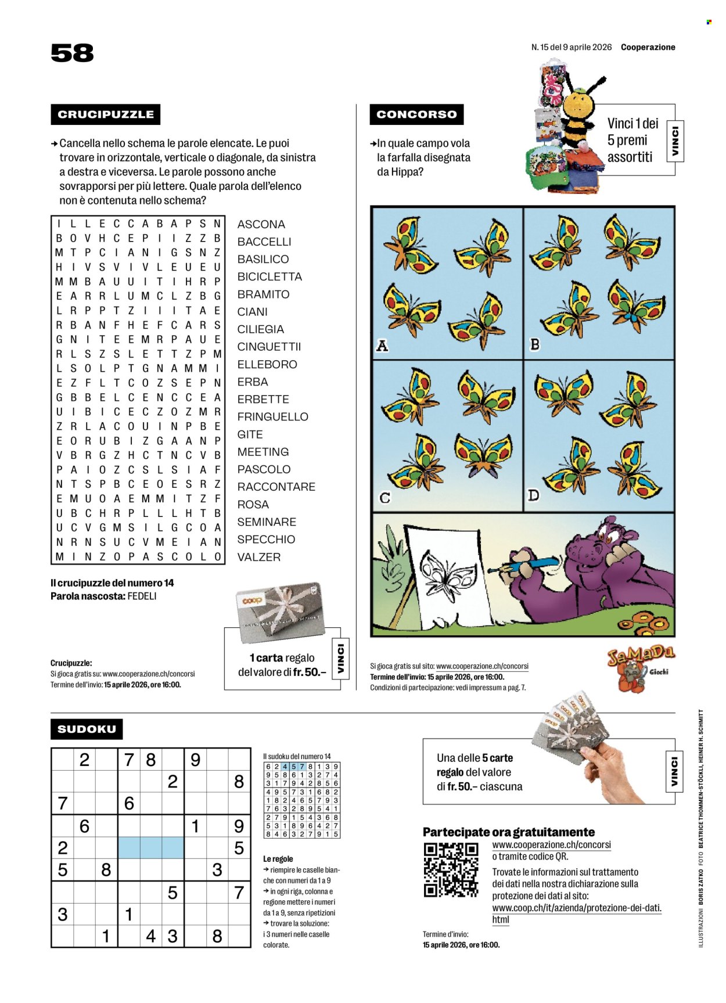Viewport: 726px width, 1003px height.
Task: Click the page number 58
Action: click(72, 53)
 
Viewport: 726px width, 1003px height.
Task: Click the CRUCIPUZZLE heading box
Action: click(105, 114)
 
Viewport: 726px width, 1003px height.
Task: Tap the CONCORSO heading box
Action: click(416, 114)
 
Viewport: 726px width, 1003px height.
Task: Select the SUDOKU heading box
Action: click(87, 729)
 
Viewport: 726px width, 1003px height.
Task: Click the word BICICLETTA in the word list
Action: click(269, 277)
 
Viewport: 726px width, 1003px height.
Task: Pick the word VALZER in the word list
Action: click(259, 557)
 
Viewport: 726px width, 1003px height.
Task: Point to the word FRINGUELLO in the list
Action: click(272, 417)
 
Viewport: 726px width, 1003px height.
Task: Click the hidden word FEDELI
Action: click(142, 596)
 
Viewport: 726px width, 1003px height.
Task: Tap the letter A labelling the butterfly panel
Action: click(382, 346)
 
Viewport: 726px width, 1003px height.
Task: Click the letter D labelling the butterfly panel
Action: click(533, 495)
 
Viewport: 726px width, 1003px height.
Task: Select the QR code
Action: click(451, 869)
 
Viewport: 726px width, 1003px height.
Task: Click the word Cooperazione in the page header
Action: click(648, 48)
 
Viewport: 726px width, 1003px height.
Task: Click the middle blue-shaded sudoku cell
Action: click(150, 848)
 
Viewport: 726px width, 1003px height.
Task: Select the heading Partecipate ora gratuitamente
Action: click(508, 832)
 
